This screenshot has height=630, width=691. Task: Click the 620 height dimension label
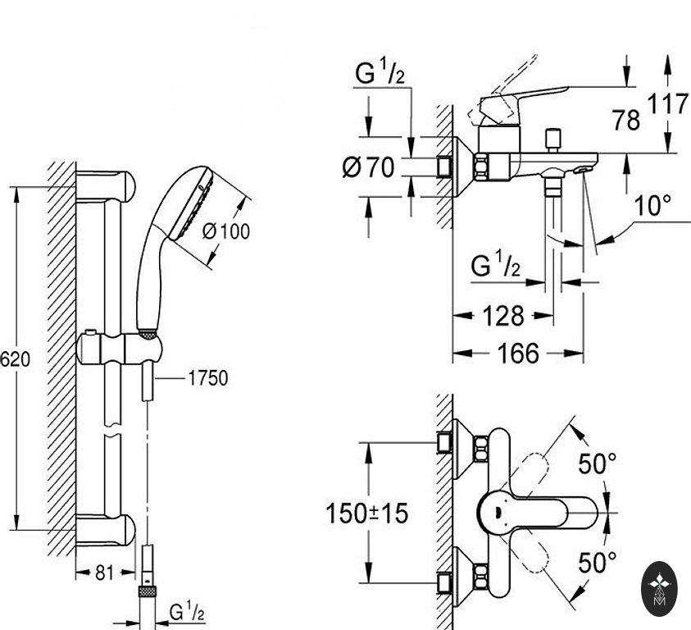(15, 359)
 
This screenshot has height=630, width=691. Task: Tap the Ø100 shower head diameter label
(226, 231)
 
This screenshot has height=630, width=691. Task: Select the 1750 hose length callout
(208, 378)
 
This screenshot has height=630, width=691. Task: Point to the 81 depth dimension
(104, 573)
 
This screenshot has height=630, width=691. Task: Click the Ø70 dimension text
(368, 167)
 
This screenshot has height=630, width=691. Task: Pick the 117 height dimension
(667, 104)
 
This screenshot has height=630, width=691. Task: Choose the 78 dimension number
(625, 120)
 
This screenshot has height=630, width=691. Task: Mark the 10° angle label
(652, 205)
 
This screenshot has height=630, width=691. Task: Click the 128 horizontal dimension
(503, 316)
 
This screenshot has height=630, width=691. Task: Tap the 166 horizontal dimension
(518, 353)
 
